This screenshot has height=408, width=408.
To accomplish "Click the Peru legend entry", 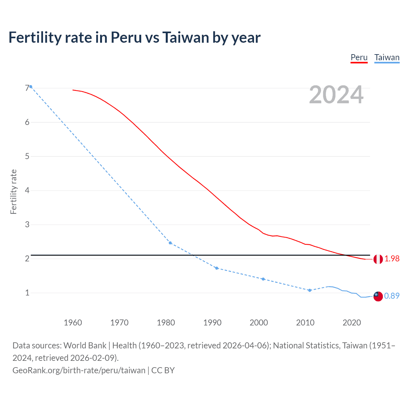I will tap(359, 58).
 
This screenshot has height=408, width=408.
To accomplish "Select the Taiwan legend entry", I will tap(387, 58).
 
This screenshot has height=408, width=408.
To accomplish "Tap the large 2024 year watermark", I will tap(336, 95).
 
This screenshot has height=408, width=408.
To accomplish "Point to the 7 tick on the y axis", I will tap(27, 88).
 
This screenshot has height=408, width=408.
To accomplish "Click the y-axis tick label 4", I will tap(27, 191).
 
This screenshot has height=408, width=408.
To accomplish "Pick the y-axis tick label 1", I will tap(27, 293).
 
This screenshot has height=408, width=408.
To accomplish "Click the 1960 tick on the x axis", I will tap(73, 323).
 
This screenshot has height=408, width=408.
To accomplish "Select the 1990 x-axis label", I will tap(212, 323).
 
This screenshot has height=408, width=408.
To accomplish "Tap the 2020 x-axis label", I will tap(352, 323).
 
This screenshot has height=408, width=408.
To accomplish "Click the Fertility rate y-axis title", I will tap(13, 192).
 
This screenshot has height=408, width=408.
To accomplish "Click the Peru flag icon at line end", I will tap(378, 259).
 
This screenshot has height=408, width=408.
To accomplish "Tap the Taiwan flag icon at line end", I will tap(378, 296).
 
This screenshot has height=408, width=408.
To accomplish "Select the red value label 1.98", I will tap(392, 259).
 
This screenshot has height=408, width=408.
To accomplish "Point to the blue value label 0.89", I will tap(392, 296).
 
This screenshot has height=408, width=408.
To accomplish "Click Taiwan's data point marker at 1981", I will tap(170, 243).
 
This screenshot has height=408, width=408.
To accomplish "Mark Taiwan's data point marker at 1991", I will tap(217, 268).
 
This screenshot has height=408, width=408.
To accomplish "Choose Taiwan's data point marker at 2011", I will tap(310, 290).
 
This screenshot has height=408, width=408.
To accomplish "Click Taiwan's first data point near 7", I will tap(31, 87).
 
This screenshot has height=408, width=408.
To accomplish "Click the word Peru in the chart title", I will tap(126, 38).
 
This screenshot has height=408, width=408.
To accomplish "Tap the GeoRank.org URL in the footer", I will tap(79, 370).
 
